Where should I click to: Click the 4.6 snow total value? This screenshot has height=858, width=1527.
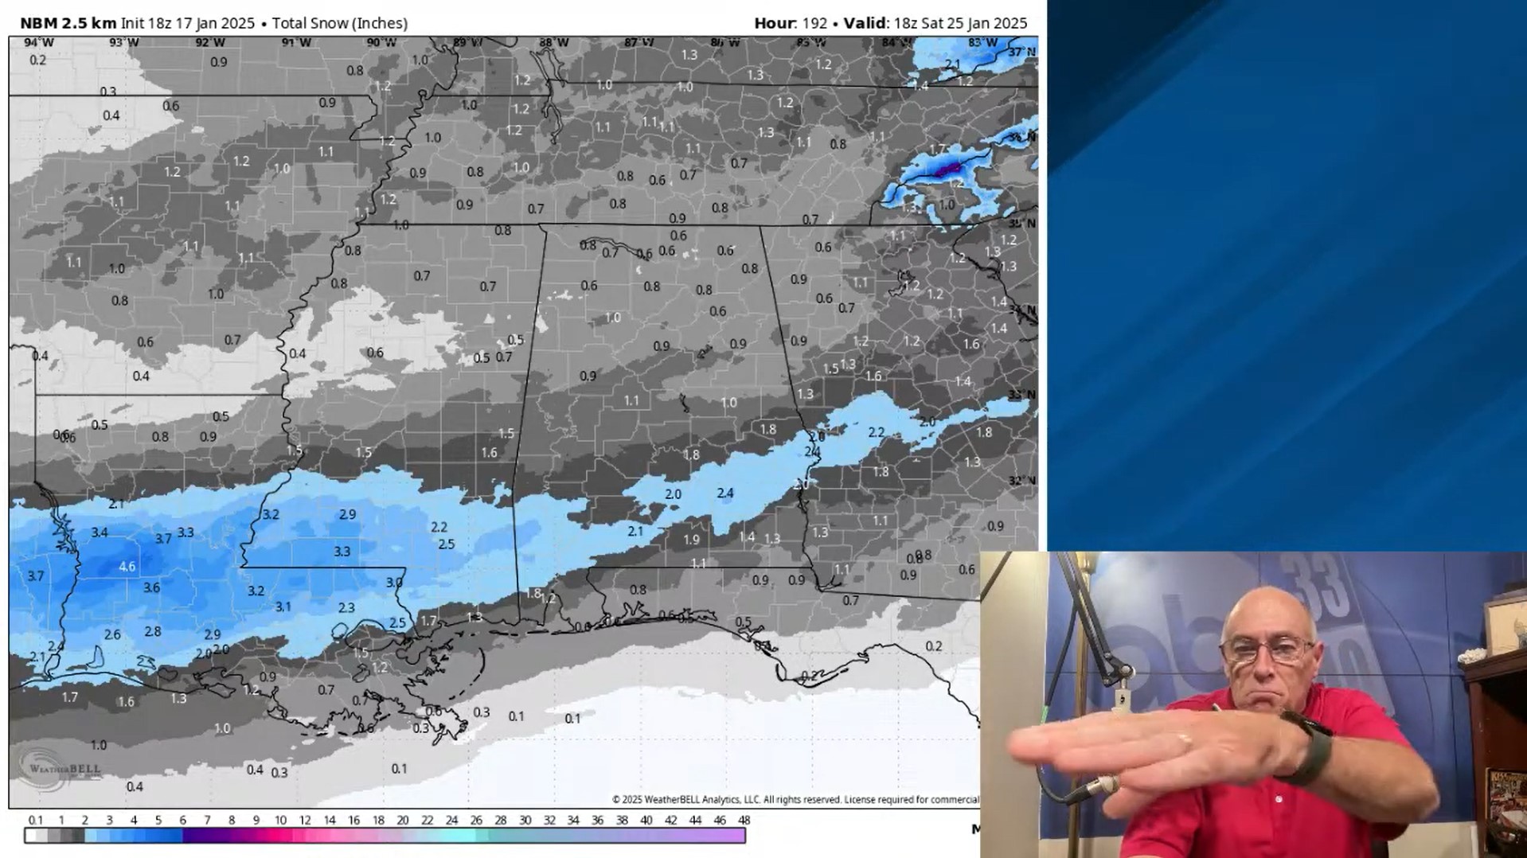(x=127, y=567)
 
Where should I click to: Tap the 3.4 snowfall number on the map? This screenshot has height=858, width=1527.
(x=100, y=532)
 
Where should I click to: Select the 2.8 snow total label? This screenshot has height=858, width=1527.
(x=153, y=631)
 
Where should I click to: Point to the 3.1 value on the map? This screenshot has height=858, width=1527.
(x=283, y=606)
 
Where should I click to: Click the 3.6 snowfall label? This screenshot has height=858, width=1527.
(x=151, y=588)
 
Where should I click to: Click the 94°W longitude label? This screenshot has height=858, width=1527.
(x=38, y=43)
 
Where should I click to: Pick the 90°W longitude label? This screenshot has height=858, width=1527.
(x=381, y=43)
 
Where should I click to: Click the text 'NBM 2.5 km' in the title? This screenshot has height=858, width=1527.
(x=68, y=23)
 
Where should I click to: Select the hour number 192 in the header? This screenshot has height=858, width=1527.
(x=814, y=23)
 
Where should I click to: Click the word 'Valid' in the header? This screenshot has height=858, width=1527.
(x=865, y=23)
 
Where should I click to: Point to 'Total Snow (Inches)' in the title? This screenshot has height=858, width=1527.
(x=340, y=23)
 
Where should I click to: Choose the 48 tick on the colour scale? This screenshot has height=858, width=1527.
(x=744, y=821)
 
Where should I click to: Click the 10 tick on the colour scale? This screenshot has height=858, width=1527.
(x=280, y=821)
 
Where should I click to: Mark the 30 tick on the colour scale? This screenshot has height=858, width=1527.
(x=525, y=821)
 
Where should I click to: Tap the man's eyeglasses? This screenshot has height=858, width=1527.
(x=1267, y=649)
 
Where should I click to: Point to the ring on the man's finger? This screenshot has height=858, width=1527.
(x=1184, y=740)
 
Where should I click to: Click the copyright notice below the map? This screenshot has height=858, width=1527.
(x=795, y=800)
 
